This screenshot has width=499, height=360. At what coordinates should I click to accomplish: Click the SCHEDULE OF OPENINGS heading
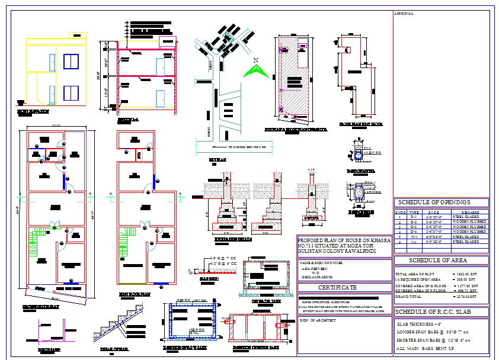[x=441, y=202]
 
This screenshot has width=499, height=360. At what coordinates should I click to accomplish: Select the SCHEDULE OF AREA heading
[x=441, y=260]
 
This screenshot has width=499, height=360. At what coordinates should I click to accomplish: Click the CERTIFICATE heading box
[x=338, y=287]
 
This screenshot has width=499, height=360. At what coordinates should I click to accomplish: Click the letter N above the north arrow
[x=256, y=60]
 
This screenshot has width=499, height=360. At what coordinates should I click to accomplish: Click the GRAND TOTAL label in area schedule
[x=410, y=297]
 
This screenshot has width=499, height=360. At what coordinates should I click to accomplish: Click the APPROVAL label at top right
[x=404, y=14]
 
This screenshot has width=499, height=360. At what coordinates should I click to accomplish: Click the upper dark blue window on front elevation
[x=71, y=62]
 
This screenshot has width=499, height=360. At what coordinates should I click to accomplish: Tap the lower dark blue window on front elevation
[x=71, y=93]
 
